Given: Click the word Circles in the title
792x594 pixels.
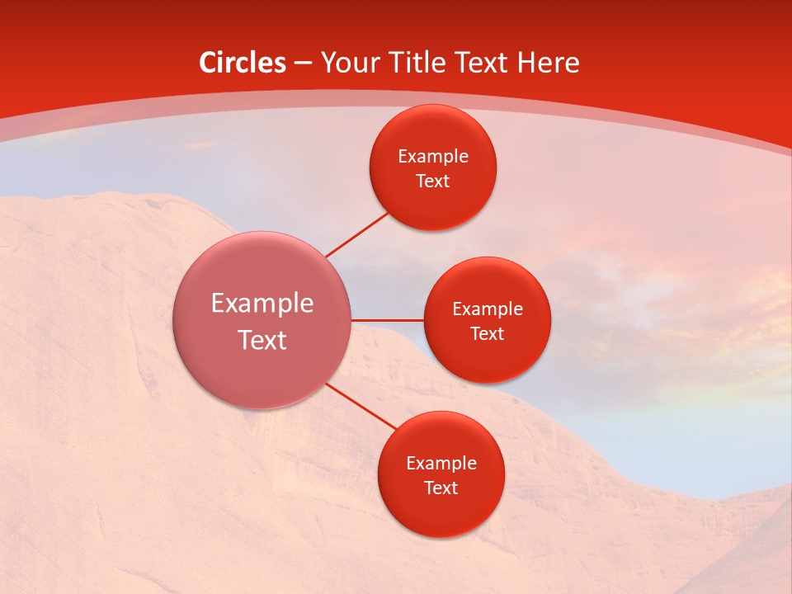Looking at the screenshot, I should point(243,63).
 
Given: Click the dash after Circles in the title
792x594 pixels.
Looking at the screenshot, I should point(303,64).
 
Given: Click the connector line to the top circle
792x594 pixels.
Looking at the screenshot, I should point(357,234).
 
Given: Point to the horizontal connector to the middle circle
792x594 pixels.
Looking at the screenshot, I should point(387,320).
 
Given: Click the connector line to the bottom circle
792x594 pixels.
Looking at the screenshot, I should point(361,407).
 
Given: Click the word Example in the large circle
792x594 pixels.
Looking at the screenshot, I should point(262,304).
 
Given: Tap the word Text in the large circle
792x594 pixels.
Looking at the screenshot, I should point(262,340).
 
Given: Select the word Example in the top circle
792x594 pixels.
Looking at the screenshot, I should point(433,157).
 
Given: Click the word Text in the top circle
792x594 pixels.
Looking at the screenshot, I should point(433,181).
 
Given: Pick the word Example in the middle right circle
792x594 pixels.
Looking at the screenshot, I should point(488,309).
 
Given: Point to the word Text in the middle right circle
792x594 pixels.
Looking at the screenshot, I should point(488,334).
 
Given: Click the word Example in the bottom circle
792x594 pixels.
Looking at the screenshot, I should point(441,464).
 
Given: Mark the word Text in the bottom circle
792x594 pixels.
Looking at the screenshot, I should point(441,488).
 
